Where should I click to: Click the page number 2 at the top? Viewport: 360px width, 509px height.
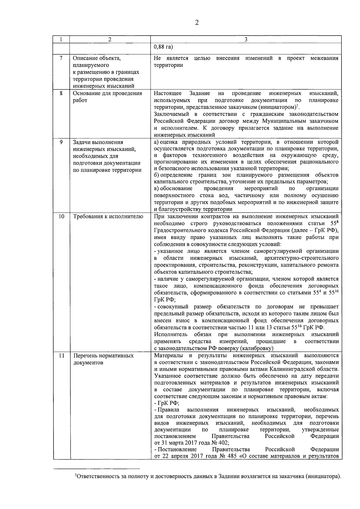(197, 23)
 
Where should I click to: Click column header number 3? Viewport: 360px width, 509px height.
(246, 39)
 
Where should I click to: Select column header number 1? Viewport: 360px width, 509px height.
(61, 39)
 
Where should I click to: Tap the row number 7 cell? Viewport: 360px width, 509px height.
(61, 58)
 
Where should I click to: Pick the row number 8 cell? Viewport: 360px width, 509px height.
(61, 93)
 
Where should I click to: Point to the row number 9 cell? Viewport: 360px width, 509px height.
(61, 142)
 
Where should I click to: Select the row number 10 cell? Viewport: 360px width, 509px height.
(61, 217)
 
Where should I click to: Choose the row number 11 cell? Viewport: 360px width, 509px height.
(61, 356)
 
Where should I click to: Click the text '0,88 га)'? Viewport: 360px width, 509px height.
(163, 47)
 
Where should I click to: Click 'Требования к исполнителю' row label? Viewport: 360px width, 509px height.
(108, 217)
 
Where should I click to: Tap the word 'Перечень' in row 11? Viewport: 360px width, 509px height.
(85, 356)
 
